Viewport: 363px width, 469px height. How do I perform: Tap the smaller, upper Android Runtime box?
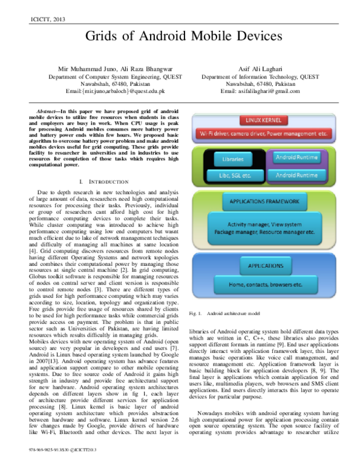tap(296, 158)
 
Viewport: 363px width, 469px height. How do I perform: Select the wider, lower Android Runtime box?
tap(296, 176)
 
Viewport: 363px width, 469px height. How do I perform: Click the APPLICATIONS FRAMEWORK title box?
tap(265, 201)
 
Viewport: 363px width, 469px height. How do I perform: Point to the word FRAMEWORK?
tap(286, 201)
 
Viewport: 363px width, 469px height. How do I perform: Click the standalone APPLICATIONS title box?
tap(266, 265)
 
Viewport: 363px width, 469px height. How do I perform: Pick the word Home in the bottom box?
tap(237, 284)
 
